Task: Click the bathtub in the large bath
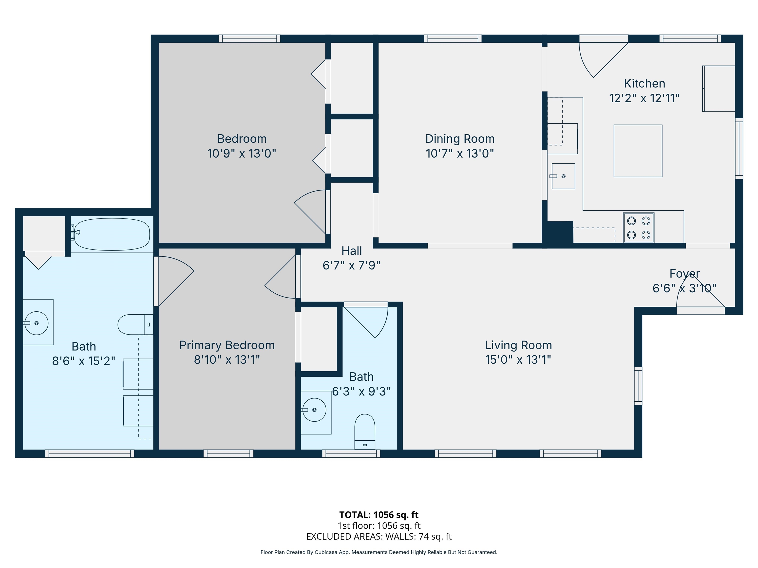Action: (x=112, y=234)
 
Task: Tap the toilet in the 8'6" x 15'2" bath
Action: (x=134, y=324)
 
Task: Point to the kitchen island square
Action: (x=638, y=151)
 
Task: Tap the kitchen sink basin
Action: (x=563, y=176)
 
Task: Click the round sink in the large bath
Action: (x=36, y=323)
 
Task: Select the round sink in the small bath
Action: (x=314, y=409)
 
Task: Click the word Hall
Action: (x=352, y=251)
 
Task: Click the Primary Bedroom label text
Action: (x=227, y=345)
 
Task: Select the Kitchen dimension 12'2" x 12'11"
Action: (x=644, y=98)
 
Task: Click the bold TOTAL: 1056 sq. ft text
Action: (x=379, y=515)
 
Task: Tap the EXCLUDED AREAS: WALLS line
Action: (x=379, y=536)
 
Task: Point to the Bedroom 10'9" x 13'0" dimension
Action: (x=242, y=153)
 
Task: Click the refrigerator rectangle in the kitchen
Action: (x=719, y=88)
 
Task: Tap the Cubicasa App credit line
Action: (x=379, y=552)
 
